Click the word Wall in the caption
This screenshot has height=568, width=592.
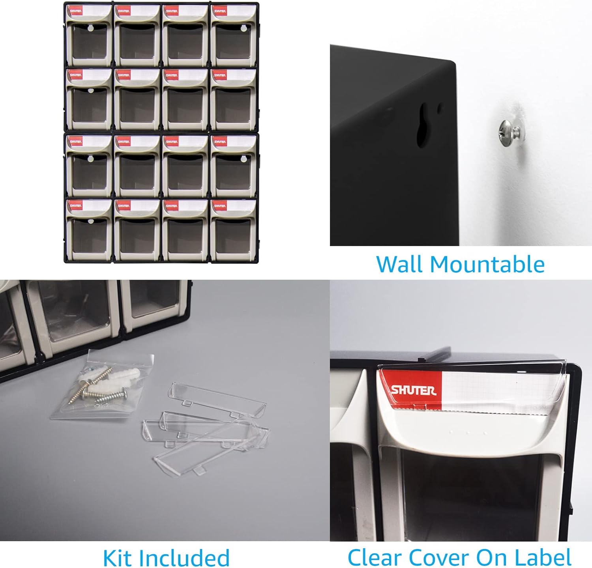coord(400,264)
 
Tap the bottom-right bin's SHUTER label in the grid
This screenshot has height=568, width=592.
coord(219,206)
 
